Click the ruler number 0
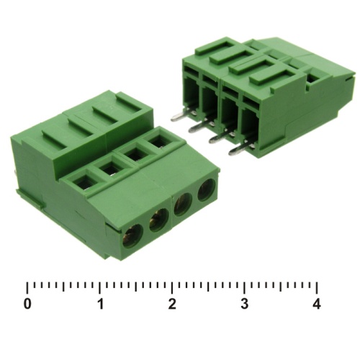27,304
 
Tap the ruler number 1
101,304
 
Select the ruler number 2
172,304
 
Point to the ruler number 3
244,304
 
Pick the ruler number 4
317,304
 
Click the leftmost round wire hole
132,235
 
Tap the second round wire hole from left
158,220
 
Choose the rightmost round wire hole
206,190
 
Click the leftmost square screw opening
84,183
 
